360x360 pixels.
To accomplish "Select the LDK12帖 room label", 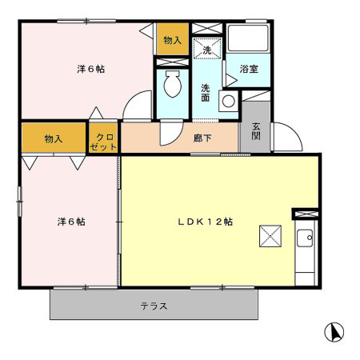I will pos(206,222).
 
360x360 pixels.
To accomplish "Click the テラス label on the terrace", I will pos(154,306).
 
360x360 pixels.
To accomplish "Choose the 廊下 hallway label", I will pos(202,138).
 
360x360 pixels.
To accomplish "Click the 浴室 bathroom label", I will pos(249,70).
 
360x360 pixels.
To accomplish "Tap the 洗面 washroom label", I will pos(206,92).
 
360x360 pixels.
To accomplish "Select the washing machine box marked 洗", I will pos(206,50).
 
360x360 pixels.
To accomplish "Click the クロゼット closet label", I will pos(104,142).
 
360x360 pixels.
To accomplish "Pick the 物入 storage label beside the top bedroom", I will pos(172,40).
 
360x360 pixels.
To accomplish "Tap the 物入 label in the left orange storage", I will pos(54,139).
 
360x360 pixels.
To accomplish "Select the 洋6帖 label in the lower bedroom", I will pos(70,221).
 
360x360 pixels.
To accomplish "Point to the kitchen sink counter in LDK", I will pos(305,253).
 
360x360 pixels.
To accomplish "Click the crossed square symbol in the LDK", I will pos(270,238).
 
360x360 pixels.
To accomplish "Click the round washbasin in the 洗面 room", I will pos(227,101).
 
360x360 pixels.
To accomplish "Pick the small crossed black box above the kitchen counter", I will pos(305,214).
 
